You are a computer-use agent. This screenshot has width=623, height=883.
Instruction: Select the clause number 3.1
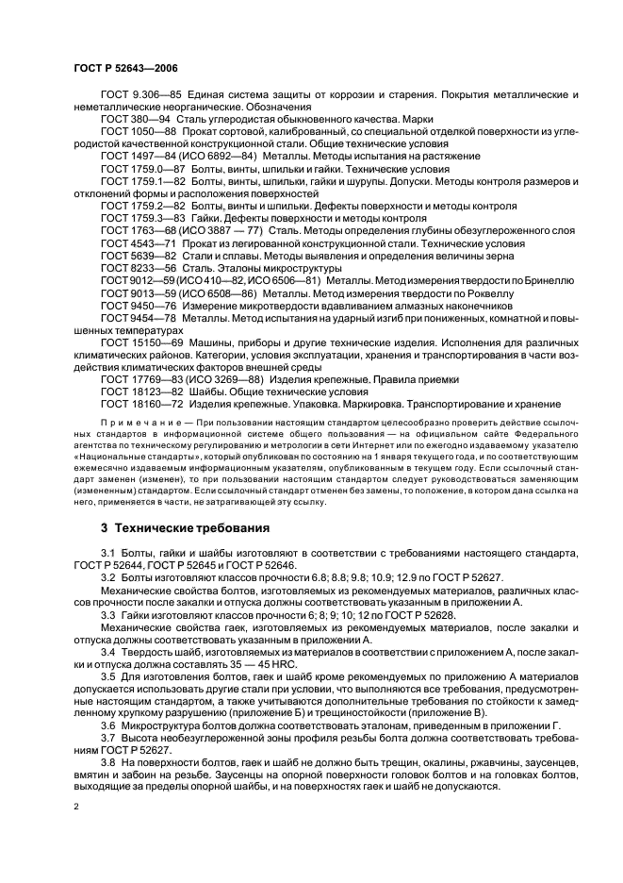pyautogui.click(x=108, y=551)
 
